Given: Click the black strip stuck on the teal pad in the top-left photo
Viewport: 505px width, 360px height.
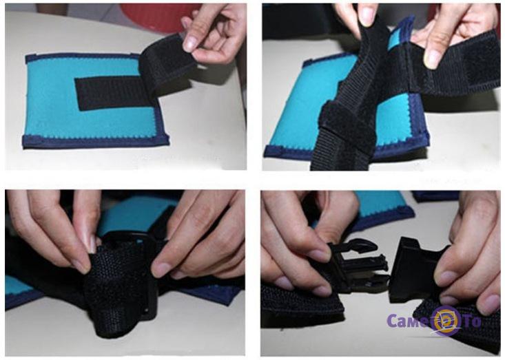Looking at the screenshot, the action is click(x=110, y=93).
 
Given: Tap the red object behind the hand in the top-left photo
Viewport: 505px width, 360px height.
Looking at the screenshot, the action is click(x=154, y=17).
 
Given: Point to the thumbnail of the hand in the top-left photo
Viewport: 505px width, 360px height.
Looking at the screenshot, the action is click(x=191, y=43).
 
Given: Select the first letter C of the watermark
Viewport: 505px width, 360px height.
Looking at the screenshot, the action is click(x=392, y=321).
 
